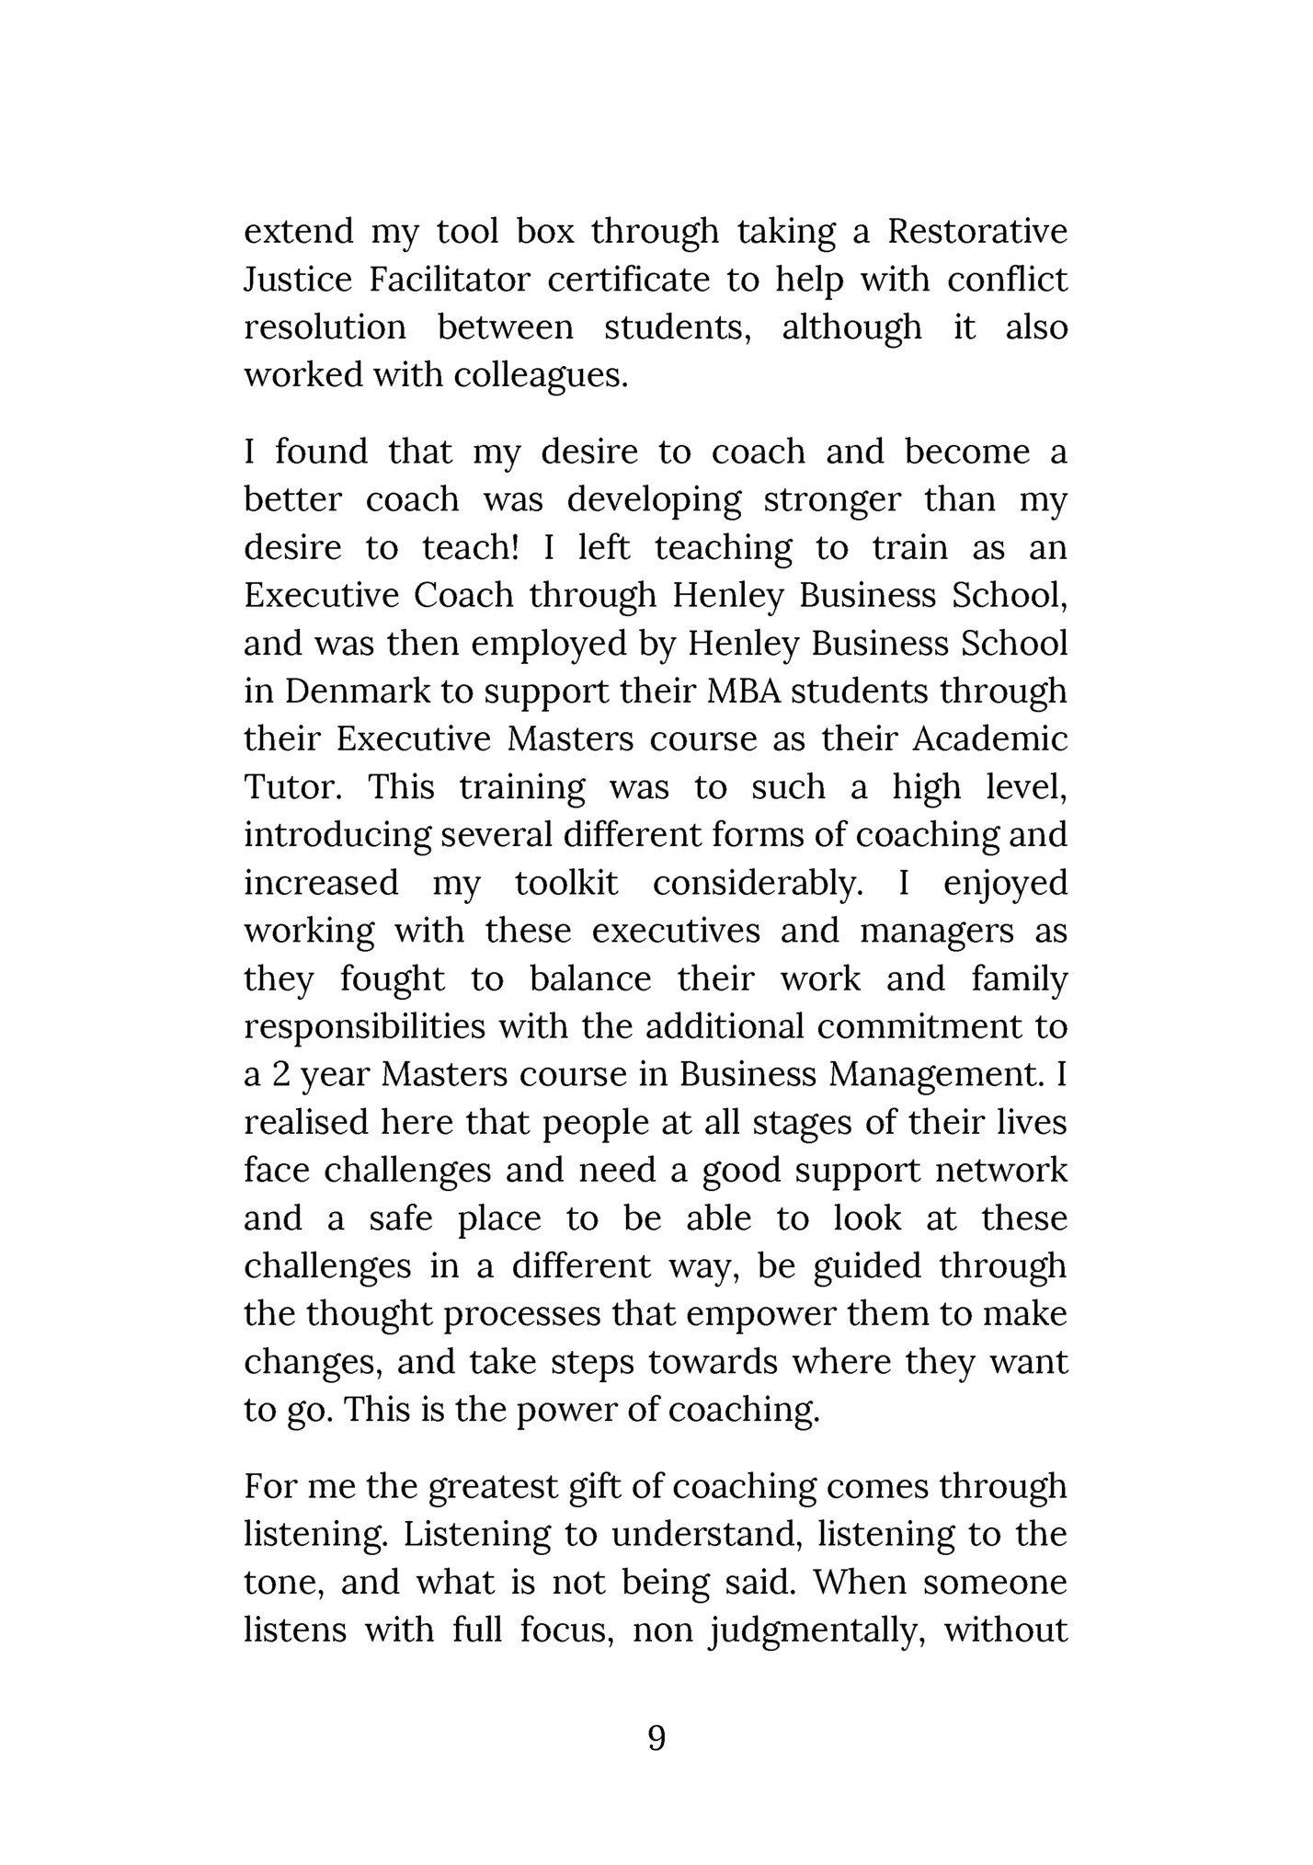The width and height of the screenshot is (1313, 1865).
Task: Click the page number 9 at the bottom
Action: [x=656, y=1737]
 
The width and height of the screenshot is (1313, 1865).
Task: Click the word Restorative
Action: [x=977, y=231]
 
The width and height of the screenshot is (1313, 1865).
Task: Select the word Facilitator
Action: [x=451, y=279]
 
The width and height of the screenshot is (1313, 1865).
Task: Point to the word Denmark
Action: [x=357, y=691]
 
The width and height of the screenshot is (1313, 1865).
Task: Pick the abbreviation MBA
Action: [x=744, y=691]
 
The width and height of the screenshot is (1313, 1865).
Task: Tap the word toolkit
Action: [x=566, y=883]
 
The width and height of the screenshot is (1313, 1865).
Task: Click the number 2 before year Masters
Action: [x=282, y=1074]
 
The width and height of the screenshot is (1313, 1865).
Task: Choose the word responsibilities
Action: [x=364, y=1026]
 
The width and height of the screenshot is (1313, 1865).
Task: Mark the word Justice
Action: [x=298, y=279]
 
